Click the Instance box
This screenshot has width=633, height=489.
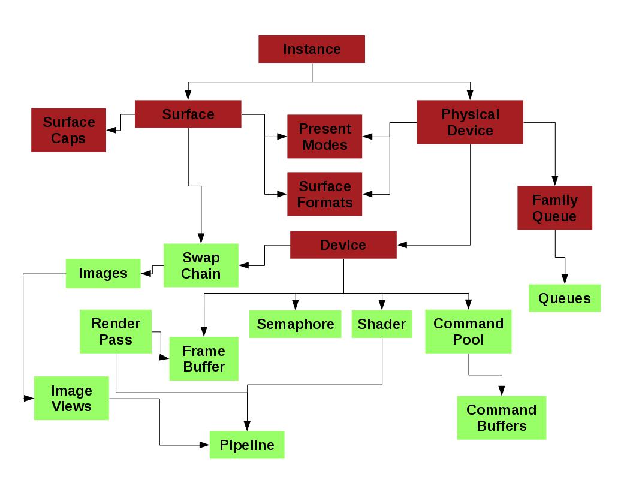click(x=312, y=49)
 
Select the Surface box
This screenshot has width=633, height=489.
click(x=188, y=114)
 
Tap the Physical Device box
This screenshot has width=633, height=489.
click(x=470, y=122)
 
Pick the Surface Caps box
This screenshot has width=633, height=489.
click(x=68, y=130)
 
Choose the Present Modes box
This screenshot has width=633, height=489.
click(x=324, y=137)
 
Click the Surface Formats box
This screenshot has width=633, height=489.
click(x=324, y=194)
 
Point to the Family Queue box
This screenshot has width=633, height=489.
click(x=554, y=208)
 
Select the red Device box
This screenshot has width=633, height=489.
click(x=343, y=245)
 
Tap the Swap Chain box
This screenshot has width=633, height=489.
click(x=201, y=265)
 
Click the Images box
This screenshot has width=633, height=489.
click(x=103, y=273)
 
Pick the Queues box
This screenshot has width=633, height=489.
click(x=564, y=298)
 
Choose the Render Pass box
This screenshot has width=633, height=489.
click(x=116, y=331)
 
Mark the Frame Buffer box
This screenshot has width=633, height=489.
click(x=204, y=358)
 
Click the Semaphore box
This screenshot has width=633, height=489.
click(x=295, y=324)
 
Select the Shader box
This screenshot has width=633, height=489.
click(x=381, y=324)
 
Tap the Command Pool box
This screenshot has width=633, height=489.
click(x=468, y=331)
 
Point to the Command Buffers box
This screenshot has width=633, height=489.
click(x=501, y=418)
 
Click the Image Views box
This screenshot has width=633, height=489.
click(x=71, y=399)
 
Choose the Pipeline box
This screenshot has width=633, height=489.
click(x=246, y=445)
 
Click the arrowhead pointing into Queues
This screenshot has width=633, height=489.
click(x=564, y=280)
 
